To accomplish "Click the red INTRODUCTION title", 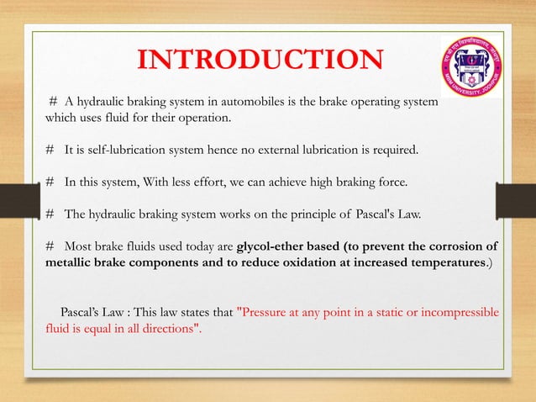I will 260,61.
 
